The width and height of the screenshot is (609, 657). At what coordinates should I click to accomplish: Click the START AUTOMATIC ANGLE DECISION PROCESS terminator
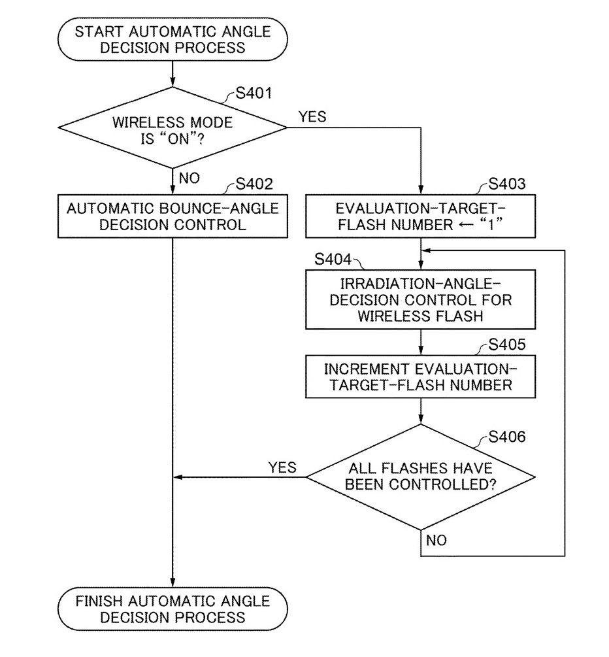click(173, 39)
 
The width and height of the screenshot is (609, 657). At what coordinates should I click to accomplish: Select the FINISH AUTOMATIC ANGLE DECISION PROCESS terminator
click(173, 609)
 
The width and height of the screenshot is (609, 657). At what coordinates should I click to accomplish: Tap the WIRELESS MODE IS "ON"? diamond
click(173, 127)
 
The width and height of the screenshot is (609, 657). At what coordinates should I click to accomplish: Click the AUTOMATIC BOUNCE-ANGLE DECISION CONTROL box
click(173, 216)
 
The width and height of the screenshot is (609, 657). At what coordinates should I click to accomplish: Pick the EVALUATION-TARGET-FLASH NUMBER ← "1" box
click(421, 216)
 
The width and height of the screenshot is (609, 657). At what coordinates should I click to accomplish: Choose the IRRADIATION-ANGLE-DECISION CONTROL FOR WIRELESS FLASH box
click(421, 299)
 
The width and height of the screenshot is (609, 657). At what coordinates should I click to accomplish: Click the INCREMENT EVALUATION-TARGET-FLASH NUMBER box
click(421, 377)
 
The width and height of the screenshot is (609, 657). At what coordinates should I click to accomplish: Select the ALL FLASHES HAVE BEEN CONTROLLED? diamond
click(421, 477)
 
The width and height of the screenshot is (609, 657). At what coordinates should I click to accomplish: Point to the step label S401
click(254, 93)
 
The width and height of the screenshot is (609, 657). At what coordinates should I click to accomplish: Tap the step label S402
click(254, 184)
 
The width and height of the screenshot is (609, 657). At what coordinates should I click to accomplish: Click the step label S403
click(507, 184)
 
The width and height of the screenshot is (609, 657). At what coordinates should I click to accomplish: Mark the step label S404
click(333, 260)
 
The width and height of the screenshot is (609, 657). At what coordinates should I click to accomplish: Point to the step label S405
click(507, 345)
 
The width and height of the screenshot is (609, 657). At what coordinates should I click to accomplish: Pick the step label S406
click(507, 437)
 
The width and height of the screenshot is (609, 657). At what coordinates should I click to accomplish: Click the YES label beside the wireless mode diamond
click(312, 116)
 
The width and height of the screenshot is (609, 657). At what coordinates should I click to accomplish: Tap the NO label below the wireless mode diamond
click(189, 178)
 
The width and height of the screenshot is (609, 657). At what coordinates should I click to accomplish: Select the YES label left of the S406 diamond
click(282, 467)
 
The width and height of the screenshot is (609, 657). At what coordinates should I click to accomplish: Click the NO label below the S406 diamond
click(436, 541)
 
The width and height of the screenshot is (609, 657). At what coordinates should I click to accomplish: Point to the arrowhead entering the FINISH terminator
click(173, 582)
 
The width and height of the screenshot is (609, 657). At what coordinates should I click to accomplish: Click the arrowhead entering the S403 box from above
click(421, 190)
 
